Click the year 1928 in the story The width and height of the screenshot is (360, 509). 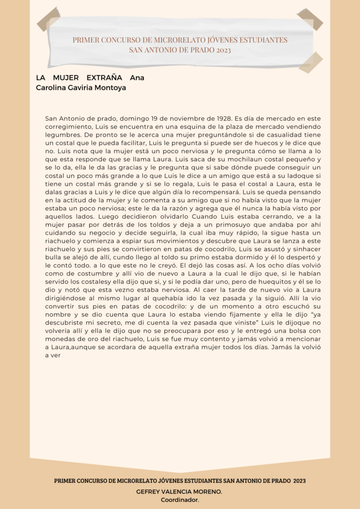[x=222, y=119]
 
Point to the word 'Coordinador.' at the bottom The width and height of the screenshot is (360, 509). [x=180, y=500]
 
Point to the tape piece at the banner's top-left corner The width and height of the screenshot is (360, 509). [x=48, y=19]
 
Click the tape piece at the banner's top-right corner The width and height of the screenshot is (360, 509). [x=310, y=19]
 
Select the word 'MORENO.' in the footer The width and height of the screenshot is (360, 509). [x=208, y=491]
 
